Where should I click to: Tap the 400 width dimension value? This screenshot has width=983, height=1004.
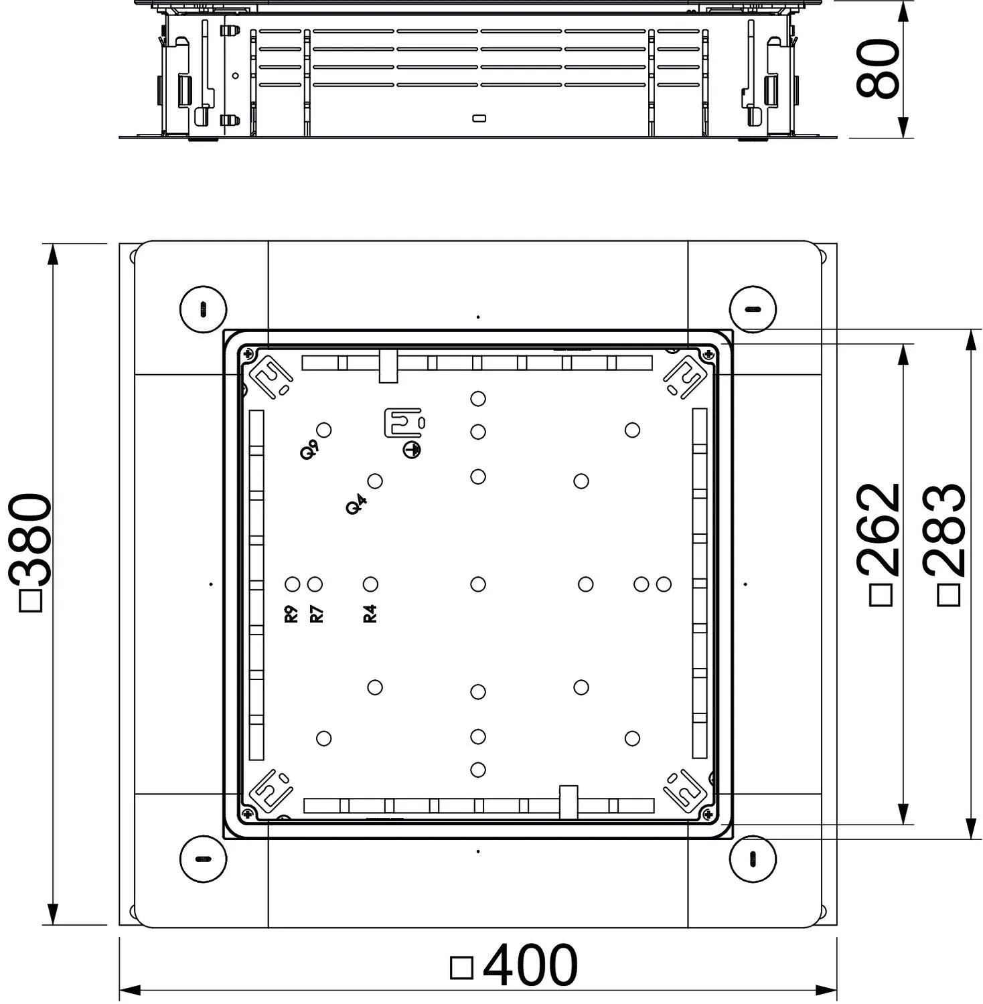pos(530,965)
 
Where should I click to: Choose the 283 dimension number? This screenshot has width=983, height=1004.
pos(945,530)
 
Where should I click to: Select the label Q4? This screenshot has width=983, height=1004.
pos(356,504)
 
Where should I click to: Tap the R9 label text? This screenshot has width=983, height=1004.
pos(291,614)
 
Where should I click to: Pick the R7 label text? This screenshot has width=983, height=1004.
pos(317,614)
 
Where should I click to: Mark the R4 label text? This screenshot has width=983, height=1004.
pos(370,614)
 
